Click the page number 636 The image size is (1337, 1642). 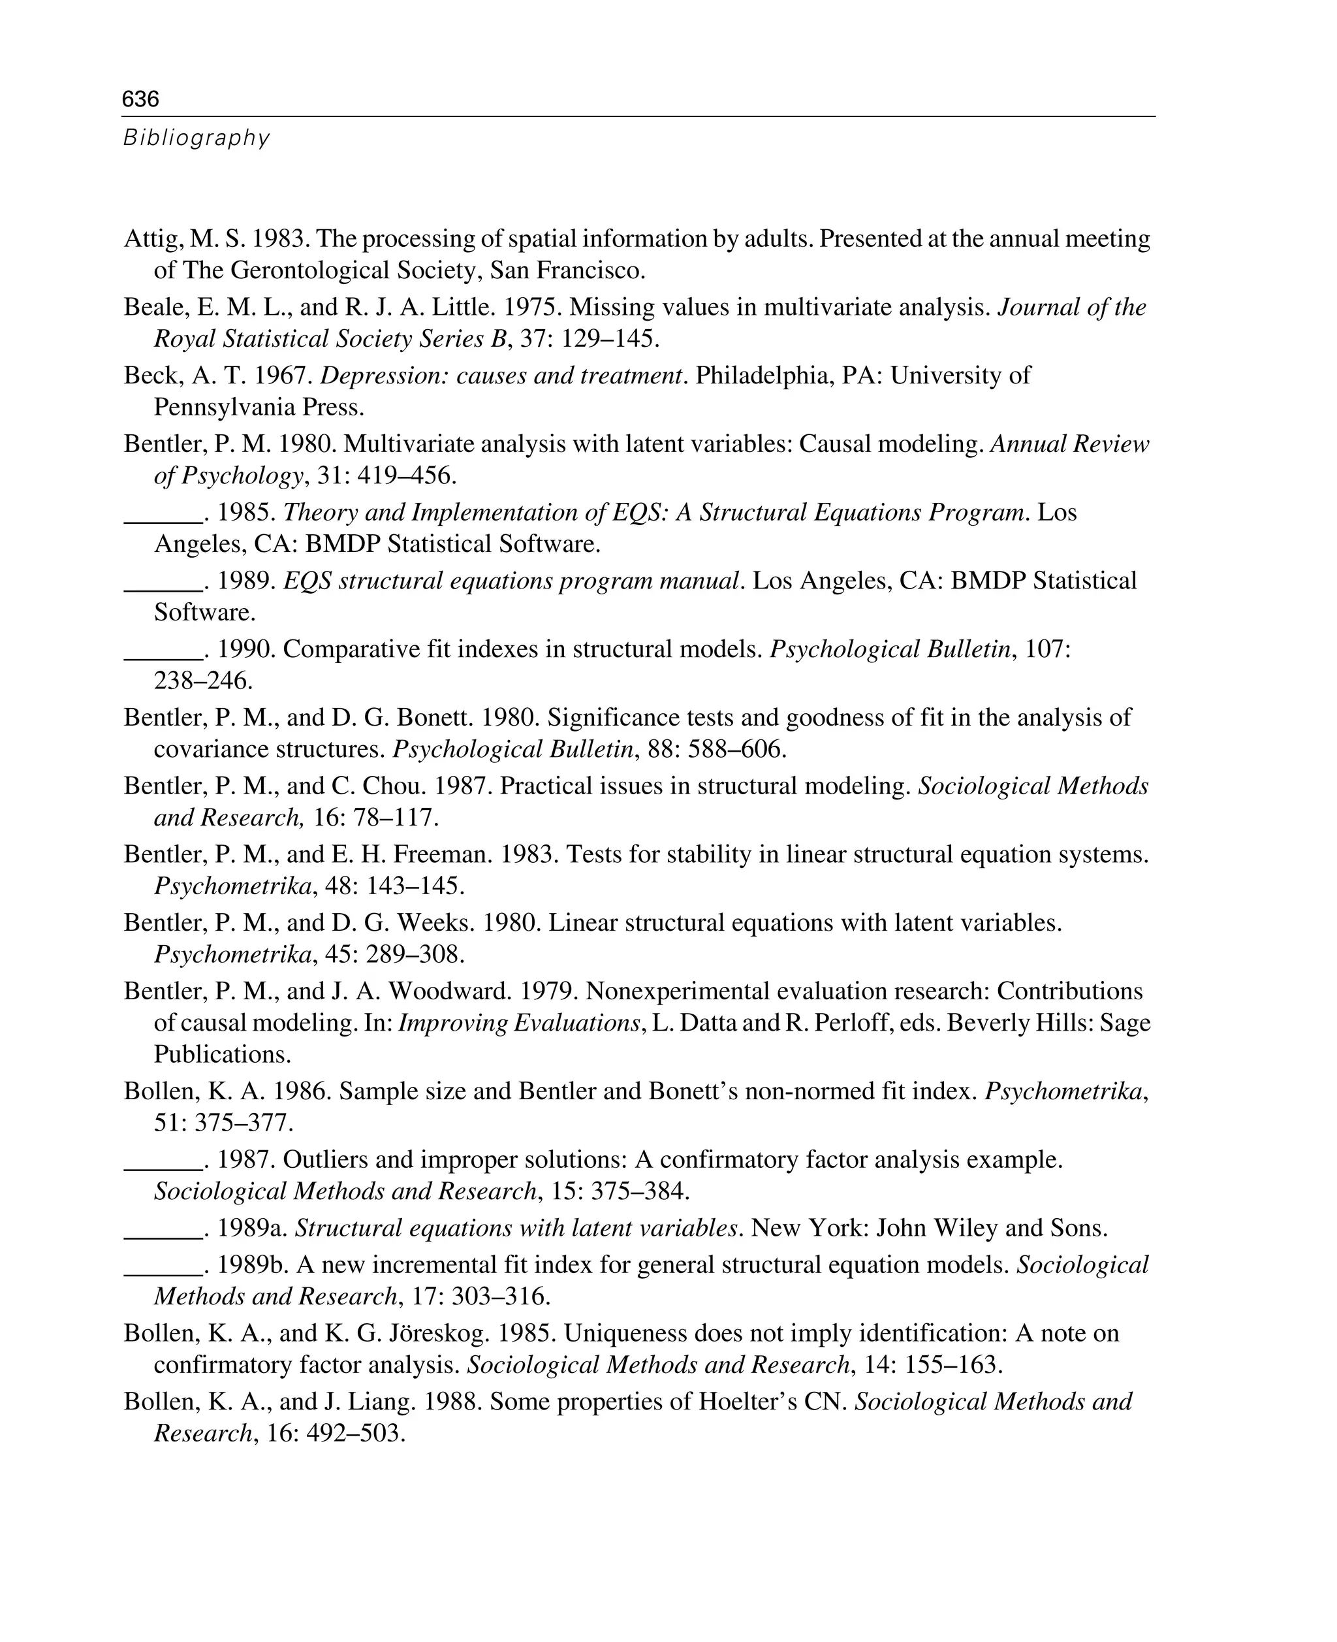pos(140,99)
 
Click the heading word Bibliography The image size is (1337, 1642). pos(197,138)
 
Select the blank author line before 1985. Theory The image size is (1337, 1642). pos(163,513)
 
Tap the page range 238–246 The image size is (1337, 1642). pos(202,681)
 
